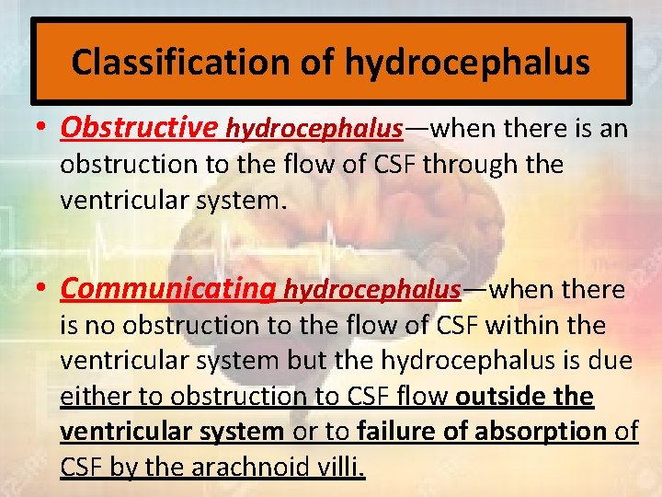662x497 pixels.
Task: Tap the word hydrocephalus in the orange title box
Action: click(x=467, y=62)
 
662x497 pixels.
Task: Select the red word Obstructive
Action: click(x=139, y=127)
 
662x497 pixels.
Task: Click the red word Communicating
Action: click(x=167, y=289)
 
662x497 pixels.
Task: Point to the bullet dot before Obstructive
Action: click(x=43, y=129)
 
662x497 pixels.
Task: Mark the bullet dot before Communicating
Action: click(x=43, y=291)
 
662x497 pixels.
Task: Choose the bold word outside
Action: click(x=495, y=397)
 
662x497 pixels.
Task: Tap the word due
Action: click(x=612, y=361)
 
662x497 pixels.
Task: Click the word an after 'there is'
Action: click(x=614, y=128)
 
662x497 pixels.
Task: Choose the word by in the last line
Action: click(x=121, y=468)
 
